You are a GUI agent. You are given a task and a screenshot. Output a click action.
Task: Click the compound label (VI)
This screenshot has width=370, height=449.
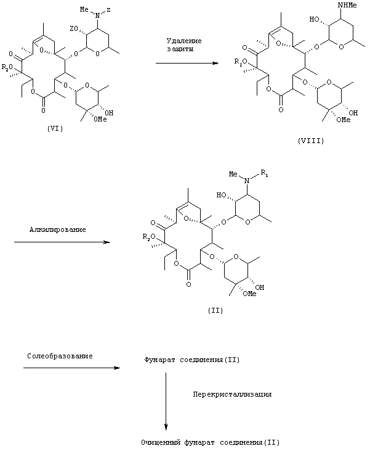click(55, 128)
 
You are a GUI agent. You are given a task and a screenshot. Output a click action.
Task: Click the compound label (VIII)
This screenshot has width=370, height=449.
click(311, 141)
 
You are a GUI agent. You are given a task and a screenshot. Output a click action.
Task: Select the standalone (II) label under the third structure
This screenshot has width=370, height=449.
click(215, 310)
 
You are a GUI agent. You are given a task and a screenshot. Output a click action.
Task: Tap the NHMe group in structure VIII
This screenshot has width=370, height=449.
click(347, 5)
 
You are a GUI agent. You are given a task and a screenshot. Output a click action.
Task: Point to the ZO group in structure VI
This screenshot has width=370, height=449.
click(73, 28)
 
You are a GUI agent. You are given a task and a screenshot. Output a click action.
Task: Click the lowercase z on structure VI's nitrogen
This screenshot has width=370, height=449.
click(108, 10)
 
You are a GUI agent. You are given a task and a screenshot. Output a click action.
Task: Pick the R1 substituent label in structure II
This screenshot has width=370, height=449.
click(265, 173)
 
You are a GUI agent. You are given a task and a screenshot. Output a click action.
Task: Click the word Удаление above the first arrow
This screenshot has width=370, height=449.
click(184, 41)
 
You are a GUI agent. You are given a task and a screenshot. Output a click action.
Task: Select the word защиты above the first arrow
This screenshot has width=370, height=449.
click(180, 49)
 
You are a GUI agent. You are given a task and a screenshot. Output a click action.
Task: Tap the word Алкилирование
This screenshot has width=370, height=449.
click(57, 229)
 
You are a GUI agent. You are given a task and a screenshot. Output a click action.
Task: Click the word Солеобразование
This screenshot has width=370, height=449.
click(60, 356)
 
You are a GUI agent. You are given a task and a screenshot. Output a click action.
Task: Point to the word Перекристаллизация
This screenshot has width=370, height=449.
click(232, 394)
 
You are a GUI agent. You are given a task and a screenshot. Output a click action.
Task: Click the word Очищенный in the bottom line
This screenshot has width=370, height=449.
click(161, 442)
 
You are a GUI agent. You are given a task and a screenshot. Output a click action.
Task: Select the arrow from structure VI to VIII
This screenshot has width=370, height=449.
click(187, 63)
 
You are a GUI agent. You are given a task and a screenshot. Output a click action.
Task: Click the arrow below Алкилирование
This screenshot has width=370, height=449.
click(62, 242)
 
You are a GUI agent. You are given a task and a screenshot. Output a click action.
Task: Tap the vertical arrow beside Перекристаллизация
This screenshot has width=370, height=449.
click(166, 401)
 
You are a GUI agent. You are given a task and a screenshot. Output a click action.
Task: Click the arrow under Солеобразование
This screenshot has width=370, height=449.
click(72, 368)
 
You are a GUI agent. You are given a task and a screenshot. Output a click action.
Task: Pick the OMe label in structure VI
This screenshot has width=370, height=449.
click(100, 119)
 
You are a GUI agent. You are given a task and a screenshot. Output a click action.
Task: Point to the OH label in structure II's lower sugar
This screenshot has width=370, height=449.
click(260, 287)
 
